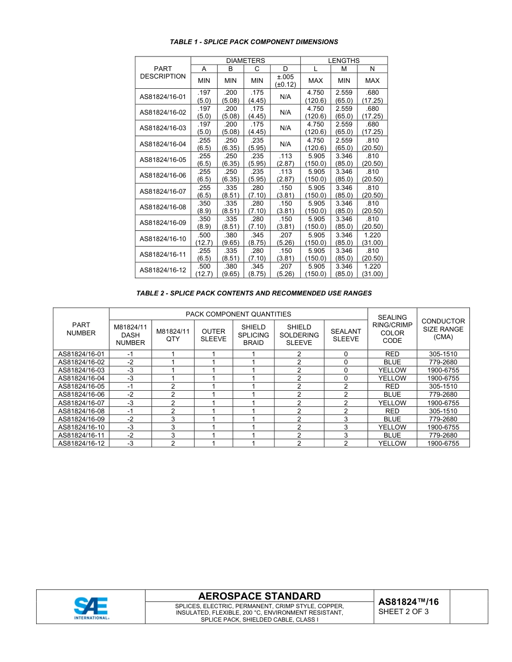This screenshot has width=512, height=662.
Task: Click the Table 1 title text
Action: (254, 42)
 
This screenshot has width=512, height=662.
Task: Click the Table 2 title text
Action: (254, 293)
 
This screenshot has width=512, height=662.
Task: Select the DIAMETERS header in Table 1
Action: (245, 61)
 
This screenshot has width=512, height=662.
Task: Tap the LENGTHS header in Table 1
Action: (343, 61)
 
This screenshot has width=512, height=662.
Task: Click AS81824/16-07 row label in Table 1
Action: (163, 192)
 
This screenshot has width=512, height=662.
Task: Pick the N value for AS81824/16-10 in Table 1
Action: (372, 238)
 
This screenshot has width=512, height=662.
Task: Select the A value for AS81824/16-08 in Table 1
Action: (204, 207)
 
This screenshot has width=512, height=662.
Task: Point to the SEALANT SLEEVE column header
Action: (345, 335)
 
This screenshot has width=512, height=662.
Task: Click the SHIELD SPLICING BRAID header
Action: (253, 335)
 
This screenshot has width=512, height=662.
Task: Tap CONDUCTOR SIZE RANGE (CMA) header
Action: (443, 329)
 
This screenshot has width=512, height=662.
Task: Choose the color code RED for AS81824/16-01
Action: (392, 354)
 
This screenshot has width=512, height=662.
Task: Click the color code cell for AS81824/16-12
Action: (392, 443)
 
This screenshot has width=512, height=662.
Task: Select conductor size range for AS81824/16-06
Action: (443, 395)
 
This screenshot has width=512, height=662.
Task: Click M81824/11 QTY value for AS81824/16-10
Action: (173, 427)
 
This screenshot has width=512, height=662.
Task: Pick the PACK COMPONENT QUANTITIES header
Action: (238, 314)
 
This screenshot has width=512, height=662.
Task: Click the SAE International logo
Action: (91, 608)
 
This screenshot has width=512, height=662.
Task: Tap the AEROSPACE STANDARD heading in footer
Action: (259, 596)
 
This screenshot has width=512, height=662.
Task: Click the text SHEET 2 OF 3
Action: (404, 611)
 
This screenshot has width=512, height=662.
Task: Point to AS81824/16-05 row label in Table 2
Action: (81, 386)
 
